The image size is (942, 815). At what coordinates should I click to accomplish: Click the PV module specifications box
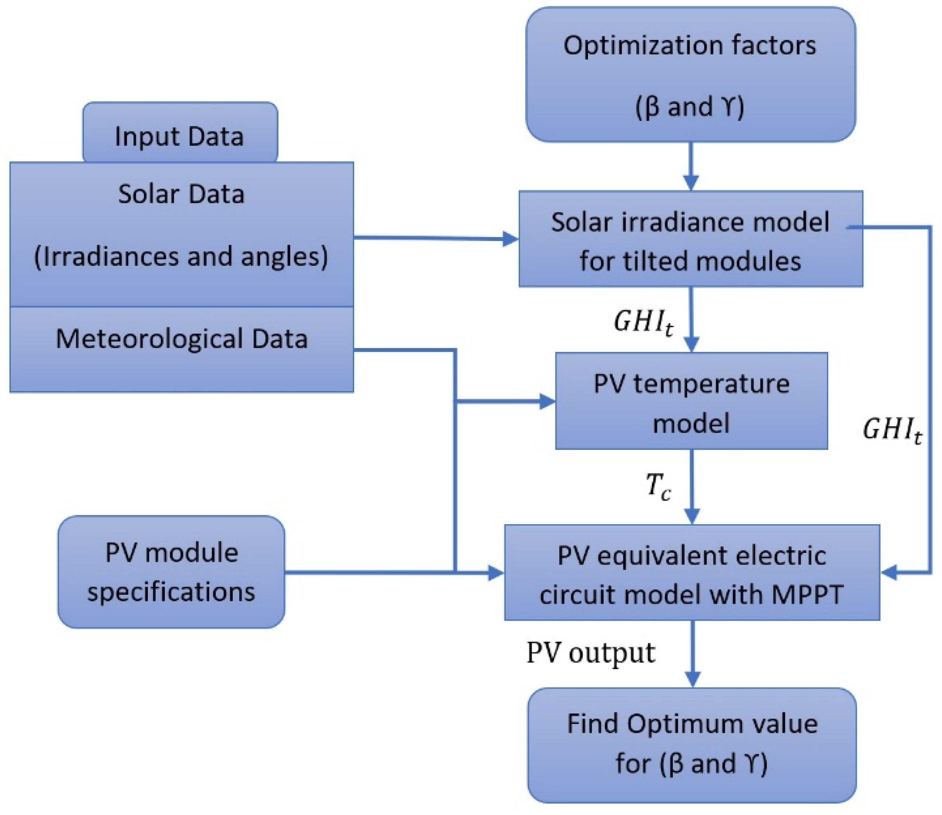(x=171, y=572)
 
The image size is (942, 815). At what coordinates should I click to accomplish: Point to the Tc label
(x=658, y=486)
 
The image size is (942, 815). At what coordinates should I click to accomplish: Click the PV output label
(x=591, y=653)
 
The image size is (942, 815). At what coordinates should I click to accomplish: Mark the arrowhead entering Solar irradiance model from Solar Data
(x=510, y=239)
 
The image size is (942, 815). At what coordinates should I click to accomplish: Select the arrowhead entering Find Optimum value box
(x=692, y=679)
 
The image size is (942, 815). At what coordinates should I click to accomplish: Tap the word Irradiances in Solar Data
(x=107, y=257)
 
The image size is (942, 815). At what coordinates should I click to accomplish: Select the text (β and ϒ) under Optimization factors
(x=690, y=107)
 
